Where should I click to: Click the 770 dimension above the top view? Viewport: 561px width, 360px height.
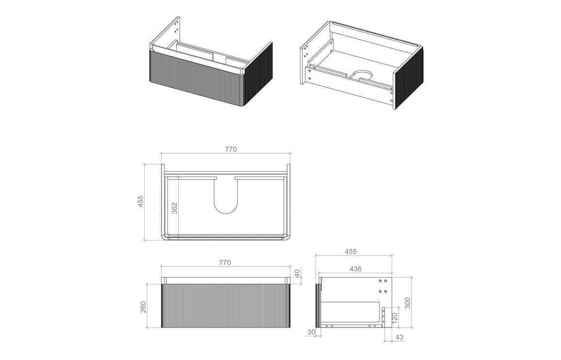[231, 149]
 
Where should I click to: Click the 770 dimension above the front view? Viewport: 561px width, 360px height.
[224, 262]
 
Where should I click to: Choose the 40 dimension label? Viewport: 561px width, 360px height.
[297, 273]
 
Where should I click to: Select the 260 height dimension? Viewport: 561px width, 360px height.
[144, 307]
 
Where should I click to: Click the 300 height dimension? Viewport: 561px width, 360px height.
[408, 303]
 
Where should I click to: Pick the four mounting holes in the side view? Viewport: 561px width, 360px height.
[383, 286]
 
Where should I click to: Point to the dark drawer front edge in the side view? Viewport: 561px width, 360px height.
[318, 306]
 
